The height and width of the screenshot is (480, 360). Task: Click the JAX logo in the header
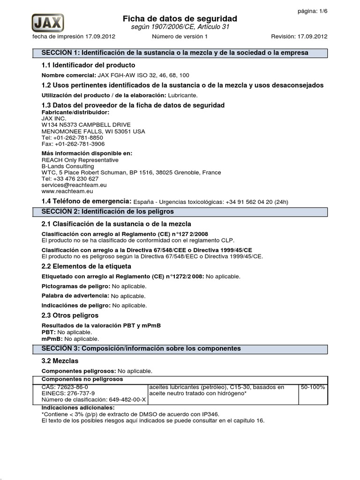coord(48,22)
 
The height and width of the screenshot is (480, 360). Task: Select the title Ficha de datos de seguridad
coord(180,18)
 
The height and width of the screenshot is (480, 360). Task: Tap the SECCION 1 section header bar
coord(180,53)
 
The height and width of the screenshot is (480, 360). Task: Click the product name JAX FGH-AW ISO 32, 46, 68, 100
coord(143,75)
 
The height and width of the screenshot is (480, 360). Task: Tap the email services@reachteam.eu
coord(74,185)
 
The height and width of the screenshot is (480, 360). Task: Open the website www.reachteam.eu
coord(67,192)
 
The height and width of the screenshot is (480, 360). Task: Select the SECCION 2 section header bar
coord(180,212)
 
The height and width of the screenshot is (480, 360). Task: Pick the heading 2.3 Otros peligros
coord(70,315)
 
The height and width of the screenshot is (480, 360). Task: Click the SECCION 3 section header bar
coord(180,349)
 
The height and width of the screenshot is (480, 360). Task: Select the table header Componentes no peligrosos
coord(82,379)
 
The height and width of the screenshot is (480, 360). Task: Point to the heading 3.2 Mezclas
coord(60,361)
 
